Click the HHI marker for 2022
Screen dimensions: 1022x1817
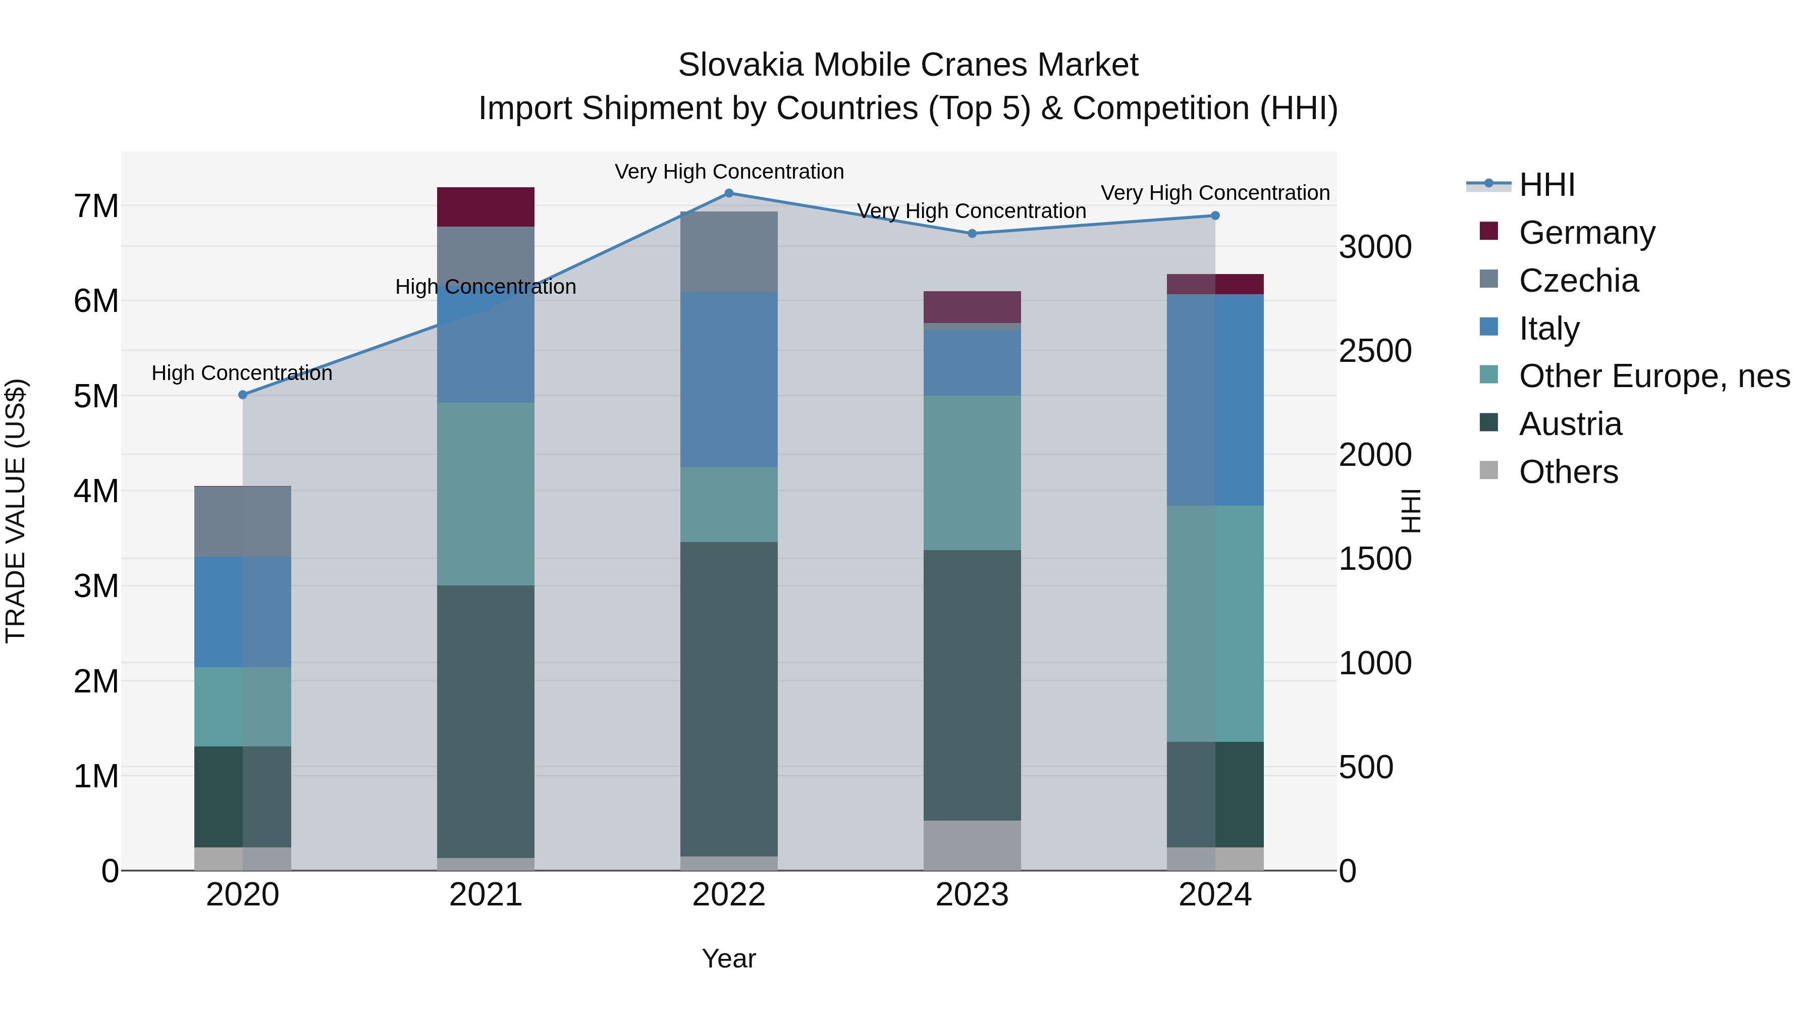point(729,193)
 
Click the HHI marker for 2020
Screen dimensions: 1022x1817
point(243,395)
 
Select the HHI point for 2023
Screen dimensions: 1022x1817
point(972,234)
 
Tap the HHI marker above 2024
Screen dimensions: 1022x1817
point(1215,216)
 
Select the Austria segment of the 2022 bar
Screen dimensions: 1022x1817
point(729,698)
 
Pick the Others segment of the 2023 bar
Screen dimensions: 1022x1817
point(972,845)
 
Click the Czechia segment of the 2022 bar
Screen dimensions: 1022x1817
point(729,252)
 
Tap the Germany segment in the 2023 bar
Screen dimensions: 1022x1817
point(972,307)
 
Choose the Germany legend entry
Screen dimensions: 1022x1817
point(1586,233)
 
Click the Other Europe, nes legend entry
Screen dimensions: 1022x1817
point(1654,376)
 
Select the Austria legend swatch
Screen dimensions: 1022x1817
point(1488,423)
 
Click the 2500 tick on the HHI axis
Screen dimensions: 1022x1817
point(1375,351)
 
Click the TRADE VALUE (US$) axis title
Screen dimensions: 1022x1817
point(16,511)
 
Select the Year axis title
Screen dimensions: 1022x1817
point(729,958)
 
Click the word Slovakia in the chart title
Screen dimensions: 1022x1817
point(740,65)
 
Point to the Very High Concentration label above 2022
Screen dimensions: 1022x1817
point(729,172)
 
